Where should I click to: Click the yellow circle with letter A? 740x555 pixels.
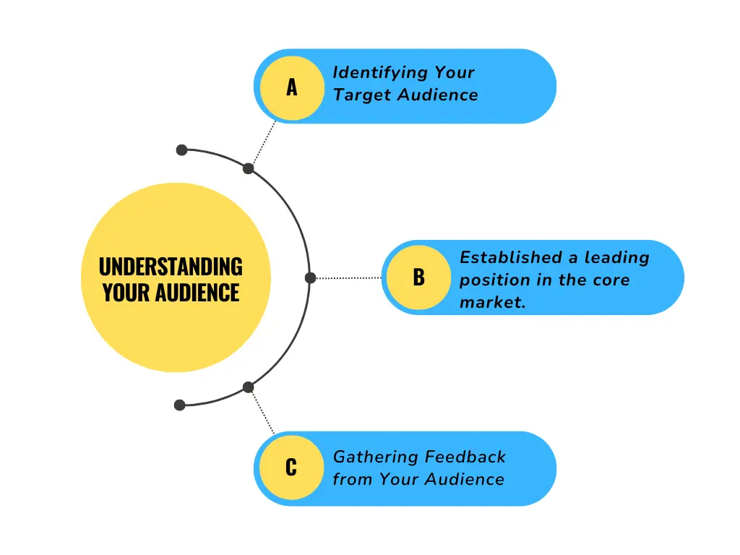tap(292, 87)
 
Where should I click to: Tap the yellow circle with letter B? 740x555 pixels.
tap(419, 277)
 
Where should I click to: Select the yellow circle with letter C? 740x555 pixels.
tap(291, 468)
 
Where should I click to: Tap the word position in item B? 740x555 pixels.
tap(490, 280)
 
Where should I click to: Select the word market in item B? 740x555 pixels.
tap(492, 302)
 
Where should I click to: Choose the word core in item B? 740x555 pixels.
tap(611, 280)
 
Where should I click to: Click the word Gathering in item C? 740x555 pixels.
tap(375, 457)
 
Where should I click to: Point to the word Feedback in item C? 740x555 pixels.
tap(465, 457)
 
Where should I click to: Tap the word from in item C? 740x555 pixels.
tap(350, 479)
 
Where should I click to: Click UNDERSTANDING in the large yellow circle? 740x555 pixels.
tap(171, 267)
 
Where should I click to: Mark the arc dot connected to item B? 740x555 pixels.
tap(311, 277)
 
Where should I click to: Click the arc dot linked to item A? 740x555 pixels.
tap(248, 168)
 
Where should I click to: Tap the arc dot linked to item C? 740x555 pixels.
tap(248, 387)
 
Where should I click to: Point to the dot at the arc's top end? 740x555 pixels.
tap(181, 150)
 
